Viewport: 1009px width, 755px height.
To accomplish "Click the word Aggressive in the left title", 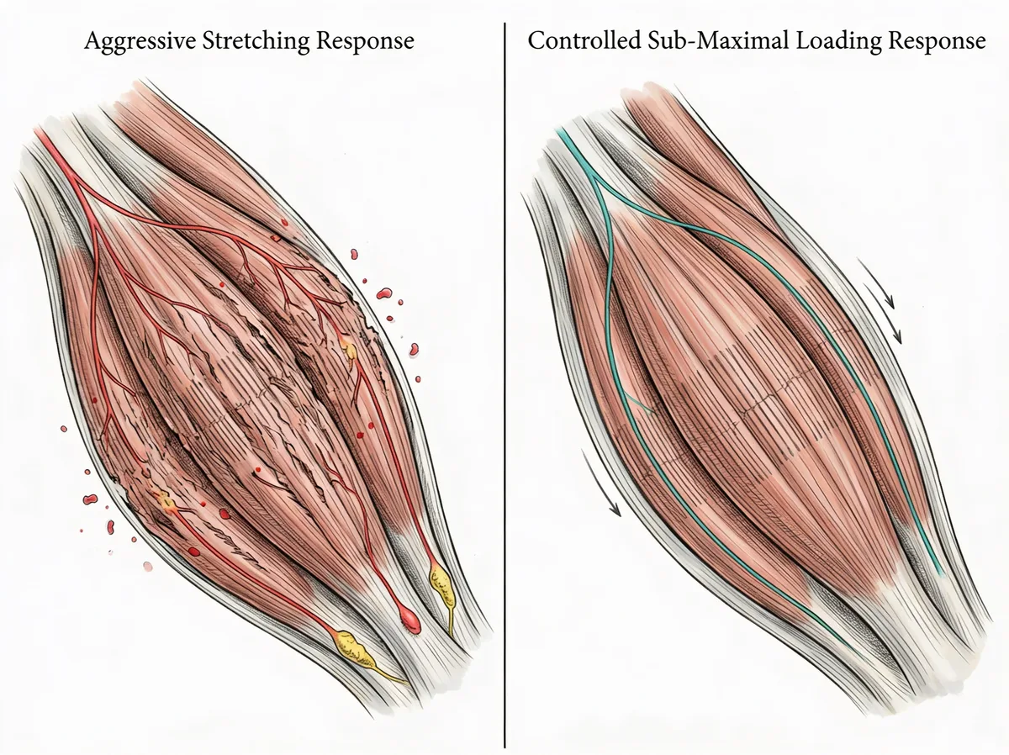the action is point(140,41).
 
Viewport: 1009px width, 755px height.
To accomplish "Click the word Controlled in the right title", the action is point(584,40).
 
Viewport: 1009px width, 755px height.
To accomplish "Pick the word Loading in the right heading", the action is point(838,42).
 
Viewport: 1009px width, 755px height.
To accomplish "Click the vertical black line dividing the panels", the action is point(504,385).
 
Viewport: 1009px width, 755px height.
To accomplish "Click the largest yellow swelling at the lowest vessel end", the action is point(351,648).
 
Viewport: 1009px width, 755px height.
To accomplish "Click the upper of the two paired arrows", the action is point(875,283).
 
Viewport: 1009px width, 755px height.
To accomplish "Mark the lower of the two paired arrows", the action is point(883,314).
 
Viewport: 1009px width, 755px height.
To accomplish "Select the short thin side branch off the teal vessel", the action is point(639,404).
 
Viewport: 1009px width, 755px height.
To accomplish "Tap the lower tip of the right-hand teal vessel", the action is point(943,574).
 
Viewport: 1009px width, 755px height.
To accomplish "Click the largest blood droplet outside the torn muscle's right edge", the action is point(383,293).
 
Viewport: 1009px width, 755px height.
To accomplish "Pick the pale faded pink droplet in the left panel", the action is point(147,566).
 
